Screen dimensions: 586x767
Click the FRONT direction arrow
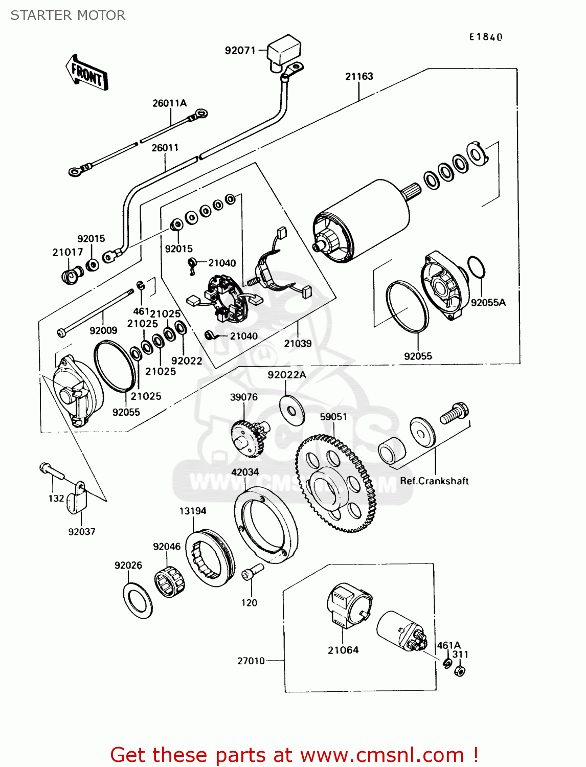coord(86,72)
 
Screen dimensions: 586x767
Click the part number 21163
coord(359,76)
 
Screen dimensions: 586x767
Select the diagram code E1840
coord(485,37)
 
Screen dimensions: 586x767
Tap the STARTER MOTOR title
coord(68,15)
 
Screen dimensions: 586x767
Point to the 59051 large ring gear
coord(335,483)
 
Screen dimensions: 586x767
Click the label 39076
coord(243,397)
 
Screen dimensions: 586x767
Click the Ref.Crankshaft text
coord(434,481)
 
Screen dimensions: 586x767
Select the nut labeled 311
coord(460,671)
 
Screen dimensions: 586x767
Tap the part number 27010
coord(251,661)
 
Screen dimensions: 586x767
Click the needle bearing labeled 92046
coord(169,582)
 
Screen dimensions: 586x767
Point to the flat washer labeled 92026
coord(138,601)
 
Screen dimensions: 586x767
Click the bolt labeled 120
coord(253,572)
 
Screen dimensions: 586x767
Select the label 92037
coord(81,531)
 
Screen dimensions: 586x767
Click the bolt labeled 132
coord(52,471)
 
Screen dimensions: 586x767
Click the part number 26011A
coord(169,103)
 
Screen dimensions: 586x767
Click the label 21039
coord(298,344)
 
